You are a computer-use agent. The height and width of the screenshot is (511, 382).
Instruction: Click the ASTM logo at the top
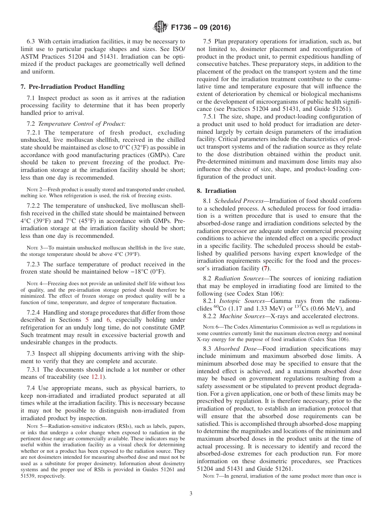(160, 28)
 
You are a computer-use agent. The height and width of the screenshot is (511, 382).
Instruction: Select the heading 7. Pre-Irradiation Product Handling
(72, 86)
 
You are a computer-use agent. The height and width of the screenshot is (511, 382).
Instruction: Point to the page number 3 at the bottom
(191, 494)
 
